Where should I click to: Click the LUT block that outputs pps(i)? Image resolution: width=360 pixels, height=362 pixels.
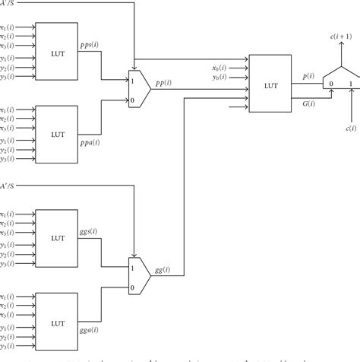58,49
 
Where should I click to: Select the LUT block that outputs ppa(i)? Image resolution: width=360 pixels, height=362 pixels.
58,135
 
